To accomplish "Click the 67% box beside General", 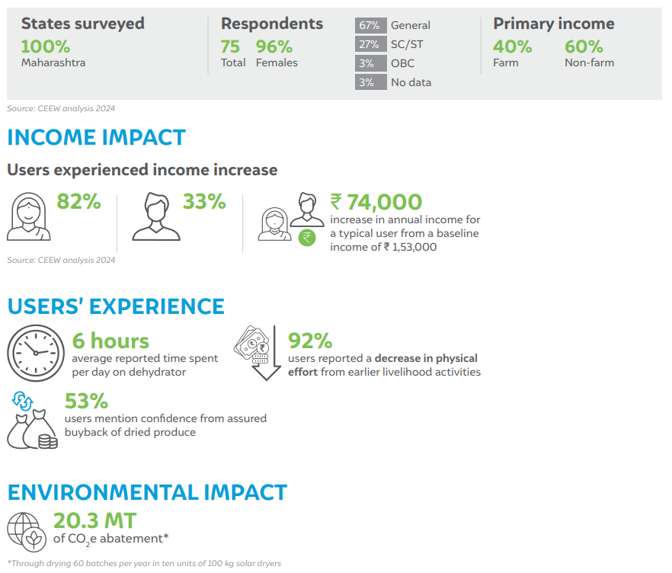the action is coord(371,25).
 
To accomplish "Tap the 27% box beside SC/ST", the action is coord(371,44).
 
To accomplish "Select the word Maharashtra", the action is coord(53,62).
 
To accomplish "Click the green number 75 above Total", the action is coord(230,46).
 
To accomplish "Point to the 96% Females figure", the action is coord(274,46).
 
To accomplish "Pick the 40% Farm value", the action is coord(512,46).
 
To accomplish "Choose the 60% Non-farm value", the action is coord(584,46).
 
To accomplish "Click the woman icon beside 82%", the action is coord(28,216).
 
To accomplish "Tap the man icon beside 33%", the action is coord(156,216).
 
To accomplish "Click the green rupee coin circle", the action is coord(307,238).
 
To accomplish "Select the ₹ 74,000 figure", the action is coord(376,202).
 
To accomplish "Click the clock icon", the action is coord(36,353).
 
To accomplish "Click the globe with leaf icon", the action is coord(27,533).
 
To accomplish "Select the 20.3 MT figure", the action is coord(94,520).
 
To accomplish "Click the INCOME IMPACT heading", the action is coord(97,138).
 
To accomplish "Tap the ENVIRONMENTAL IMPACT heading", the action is coord(147,492).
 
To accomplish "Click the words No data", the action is coord(411,82).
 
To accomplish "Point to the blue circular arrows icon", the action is coord(22,401).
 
